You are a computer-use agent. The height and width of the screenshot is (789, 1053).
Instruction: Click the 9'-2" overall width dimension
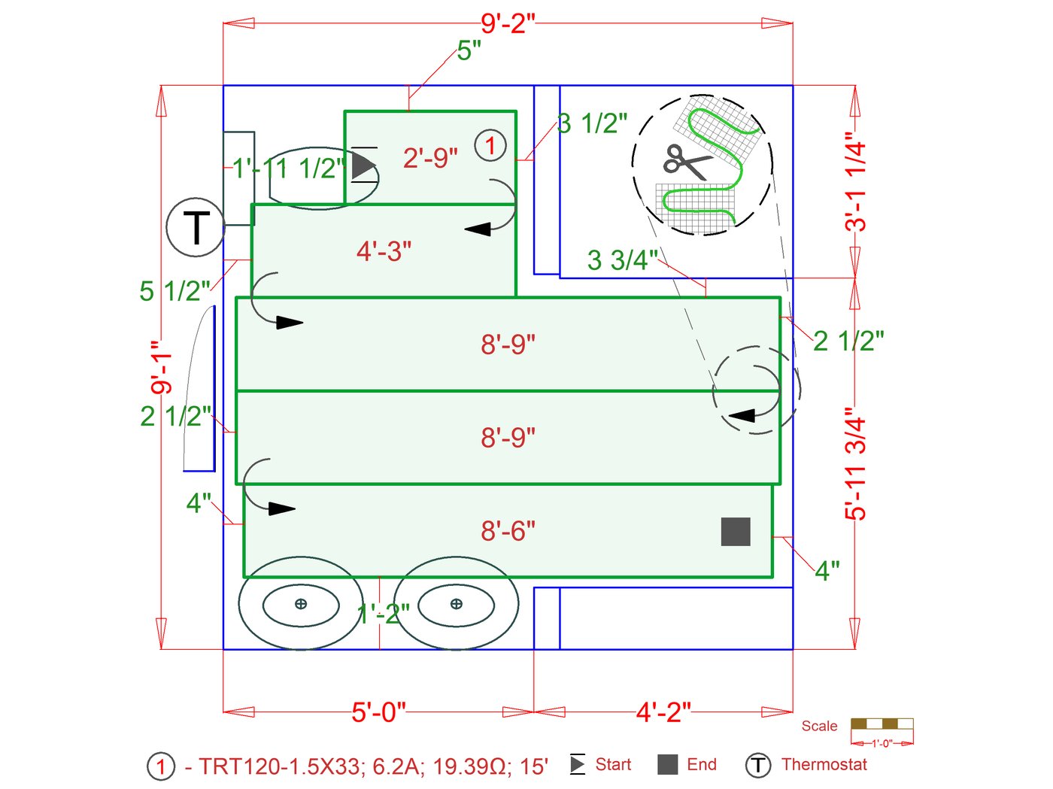coord(508,23)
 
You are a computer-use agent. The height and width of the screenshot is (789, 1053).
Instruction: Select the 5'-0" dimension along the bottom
coord(378,711)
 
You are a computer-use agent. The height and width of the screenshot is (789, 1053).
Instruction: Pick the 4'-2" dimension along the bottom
coord(663,711)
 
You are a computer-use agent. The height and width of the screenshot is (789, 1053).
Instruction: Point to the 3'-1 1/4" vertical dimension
coord(856,181)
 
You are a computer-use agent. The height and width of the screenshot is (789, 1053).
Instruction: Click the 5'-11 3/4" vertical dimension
coord(856,463)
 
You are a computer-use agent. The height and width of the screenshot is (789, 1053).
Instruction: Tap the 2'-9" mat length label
coord(430,158)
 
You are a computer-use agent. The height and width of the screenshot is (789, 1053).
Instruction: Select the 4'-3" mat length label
coord(384,251)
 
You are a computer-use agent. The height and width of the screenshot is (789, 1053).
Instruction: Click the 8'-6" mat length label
coord(508,531)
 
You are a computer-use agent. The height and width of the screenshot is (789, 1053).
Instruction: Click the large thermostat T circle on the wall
coord(196,227)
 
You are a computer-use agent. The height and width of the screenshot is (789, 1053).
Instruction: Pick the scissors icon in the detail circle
coord(686,162)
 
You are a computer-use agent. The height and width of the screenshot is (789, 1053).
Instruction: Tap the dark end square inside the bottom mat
coord(736,532)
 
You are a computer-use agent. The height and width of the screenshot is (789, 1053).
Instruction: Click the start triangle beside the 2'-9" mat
coord(364,165)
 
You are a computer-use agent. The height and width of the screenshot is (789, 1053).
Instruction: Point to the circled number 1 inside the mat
coord(490,145)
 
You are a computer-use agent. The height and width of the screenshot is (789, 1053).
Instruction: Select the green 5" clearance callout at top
coord(469,51)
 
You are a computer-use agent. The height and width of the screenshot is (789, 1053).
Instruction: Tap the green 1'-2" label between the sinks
coord(384,615)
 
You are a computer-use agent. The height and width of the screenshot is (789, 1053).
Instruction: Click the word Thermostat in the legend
coord(824,765)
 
